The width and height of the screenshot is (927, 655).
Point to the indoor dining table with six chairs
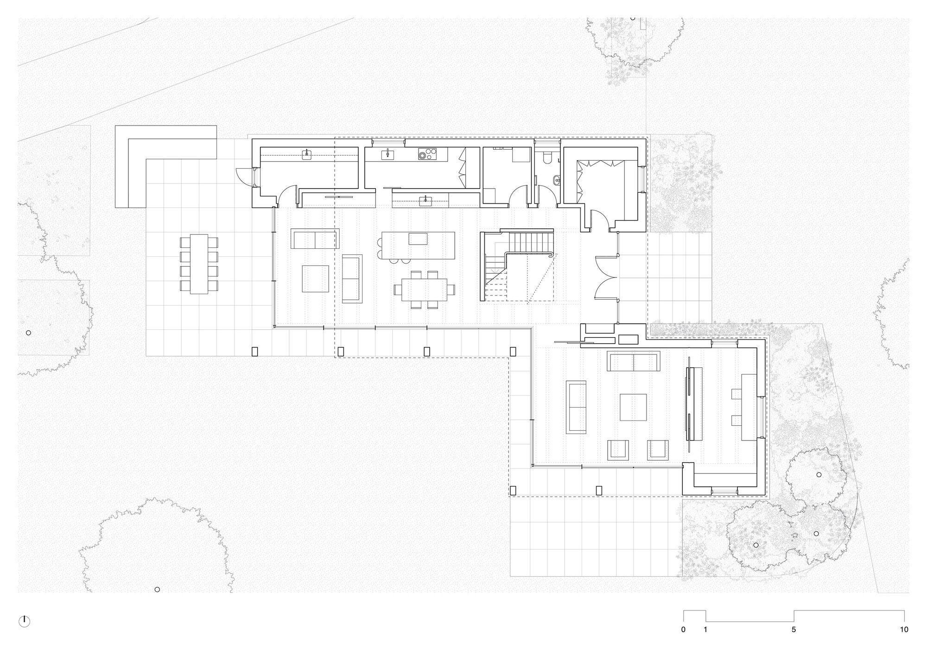pos(425,290)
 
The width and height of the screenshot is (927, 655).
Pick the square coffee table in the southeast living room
pos(633,407)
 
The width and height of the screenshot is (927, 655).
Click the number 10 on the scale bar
pos(904,630)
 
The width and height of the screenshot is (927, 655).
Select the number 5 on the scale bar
pos(794,630)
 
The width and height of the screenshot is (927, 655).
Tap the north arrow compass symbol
pos(24,622)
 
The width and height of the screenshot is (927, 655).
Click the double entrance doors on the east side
pos(606,277)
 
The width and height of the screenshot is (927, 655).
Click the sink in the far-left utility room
pos(307,155)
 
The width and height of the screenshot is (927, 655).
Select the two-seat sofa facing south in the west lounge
pos(315,239)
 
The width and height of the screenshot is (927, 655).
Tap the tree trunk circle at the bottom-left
pos(157,589)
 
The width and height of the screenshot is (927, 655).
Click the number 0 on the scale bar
pos(683,630)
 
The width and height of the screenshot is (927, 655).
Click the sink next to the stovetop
pos(387,155)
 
